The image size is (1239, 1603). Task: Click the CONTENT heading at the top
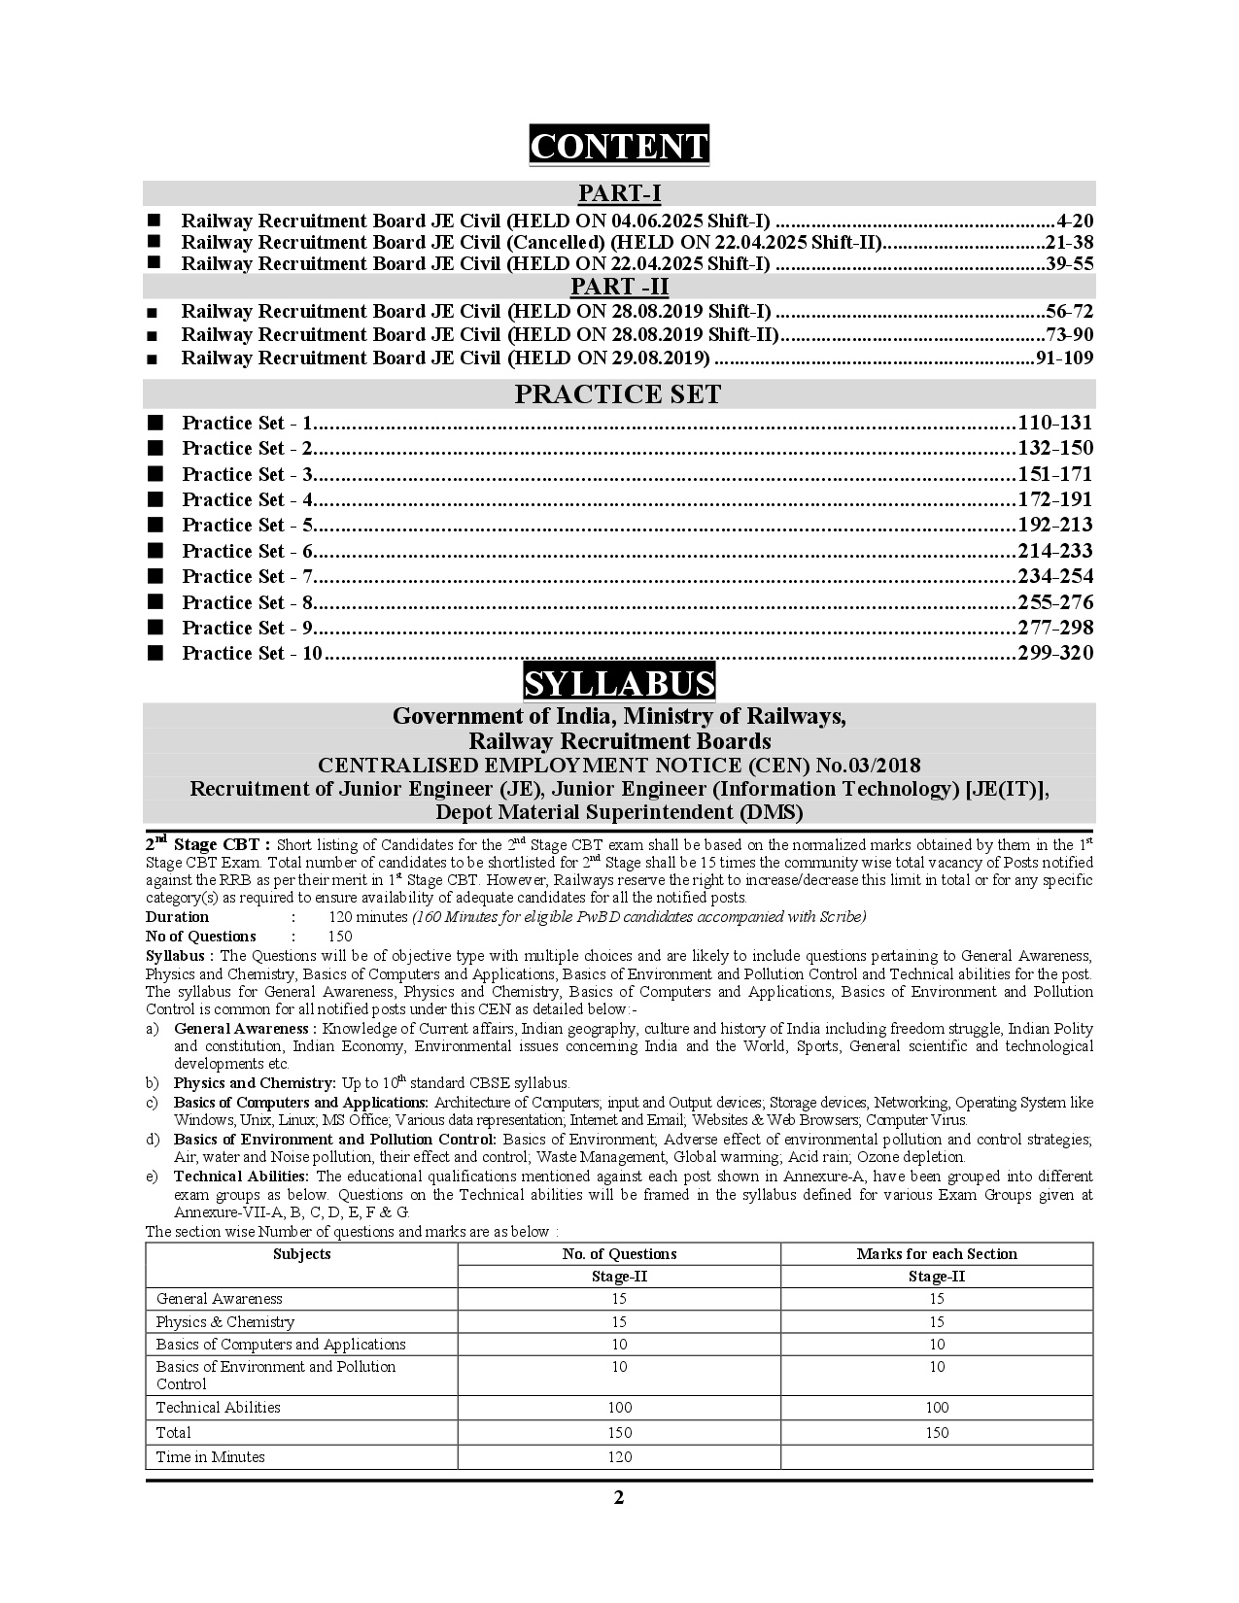pos(619,146)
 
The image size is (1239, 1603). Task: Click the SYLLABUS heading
pos(619,683)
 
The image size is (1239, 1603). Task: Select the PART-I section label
pos(619,193)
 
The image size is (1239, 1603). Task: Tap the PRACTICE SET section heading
pos(618,394)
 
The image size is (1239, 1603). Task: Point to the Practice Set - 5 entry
pos(248,526)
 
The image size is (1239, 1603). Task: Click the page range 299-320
pos(1055,653)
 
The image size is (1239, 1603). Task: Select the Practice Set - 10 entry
pos(252,653)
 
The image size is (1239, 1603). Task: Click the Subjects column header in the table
pos(301,1254)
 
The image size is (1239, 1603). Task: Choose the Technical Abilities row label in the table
pos(218,1407)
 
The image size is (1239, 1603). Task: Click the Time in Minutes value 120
pos(619,1456)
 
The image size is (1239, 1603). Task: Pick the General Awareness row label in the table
pos(219,1298)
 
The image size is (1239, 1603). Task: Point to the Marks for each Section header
pos(937,1254)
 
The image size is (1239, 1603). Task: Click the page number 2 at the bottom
pos(619,1497)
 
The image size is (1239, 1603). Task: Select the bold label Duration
pos(177,917)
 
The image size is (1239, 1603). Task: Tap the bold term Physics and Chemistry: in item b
pos(255,1082)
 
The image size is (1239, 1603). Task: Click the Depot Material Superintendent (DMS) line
pos(619,812)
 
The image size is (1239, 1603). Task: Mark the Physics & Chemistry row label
pos(224,1321)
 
